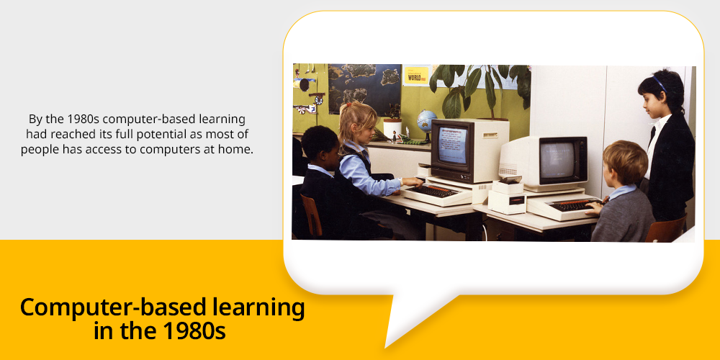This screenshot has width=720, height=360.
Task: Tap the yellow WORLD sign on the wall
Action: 416,76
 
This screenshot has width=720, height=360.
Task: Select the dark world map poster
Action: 364,89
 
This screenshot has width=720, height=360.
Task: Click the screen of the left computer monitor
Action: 452,145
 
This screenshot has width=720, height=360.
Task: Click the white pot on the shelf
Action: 392,129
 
